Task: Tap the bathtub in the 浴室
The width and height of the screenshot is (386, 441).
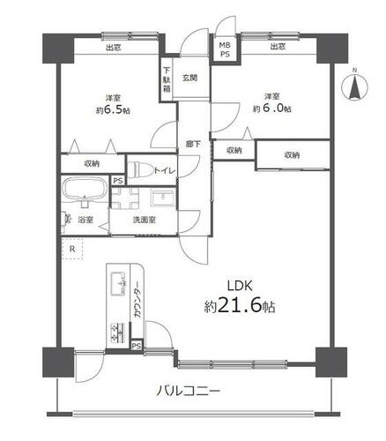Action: click(x=85, y=189)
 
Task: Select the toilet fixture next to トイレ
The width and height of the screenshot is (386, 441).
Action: click(x=141, y=170)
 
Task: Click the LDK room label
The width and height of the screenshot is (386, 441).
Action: click(x=240, y=286)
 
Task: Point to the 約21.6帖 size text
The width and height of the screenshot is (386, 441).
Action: click(x=240, y=306)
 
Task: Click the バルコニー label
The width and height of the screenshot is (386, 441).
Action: click(x=188, y=392)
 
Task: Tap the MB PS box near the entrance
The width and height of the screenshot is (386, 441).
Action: click(x=226, y=49)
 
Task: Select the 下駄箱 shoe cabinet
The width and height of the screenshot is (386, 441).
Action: click(x=167, y=79)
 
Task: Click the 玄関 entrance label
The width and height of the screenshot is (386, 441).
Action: click(x=189, y=78)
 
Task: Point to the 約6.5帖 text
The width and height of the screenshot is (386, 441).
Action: click(x=113, y=109)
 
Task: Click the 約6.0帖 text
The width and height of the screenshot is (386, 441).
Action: click(x=272, y=108)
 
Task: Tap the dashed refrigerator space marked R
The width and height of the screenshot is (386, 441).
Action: click(x=72, y=249)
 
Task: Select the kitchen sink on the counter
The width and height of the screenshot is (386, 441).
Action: click(x=118, y=284)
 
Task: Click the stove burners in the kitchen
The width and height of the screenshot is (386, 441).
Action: click(x=118, y=333)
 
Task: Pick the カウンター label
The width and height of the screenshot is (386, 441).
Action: click(x=137, y=301)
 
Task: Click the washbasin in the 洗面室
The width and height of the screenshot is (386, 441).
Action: click(x=163, y=198)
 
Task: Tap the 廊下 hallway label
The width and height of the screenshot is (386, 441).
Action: click(x=193, y=144)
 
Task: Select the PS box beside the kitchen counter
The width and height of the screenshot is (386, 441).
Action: click(x=137, y=346)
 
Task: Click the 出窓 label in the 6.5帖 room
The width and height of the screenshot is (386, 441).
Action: click(x=114, y=48)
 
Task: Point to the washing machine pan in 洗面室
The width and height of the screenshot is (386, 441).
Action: click(x=125, y=198)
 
